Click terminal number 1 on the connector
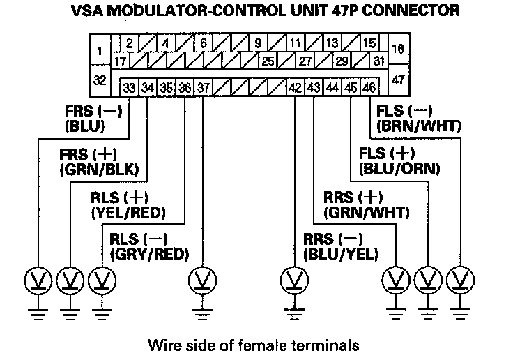(100, 51)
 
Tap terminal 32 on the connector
(100, 81)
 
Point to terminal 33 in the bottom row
(129, 88)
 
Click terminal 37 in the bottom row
(202, 88)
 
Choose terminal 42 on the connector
(295, 88)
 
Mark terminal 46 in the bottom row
(369, 88)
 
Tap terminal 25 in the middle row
(267, 61)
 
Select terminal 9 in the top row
(258, 43)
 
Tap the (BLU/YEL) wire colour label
(339, 254)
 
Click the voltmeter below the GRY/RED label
(202, 280)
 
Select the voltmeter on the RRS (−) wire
(294, 280)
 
